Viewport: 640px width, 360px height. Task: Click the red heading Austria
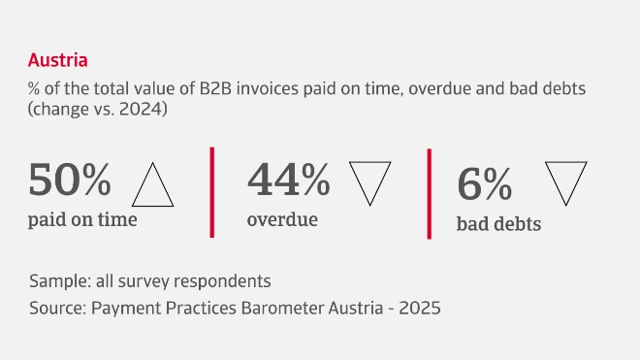coord(58,60)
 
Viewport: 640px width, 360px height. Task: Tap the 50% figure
coord(71,180)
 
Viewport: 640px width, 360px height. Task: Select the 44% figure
coord(289,179)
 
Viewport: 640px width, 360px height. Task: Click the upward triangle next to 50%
coord(152,184)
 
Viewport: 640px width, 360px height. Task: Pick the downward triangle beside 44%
coord(368,181)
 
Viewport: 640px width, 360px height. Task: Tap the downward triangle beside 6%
coord(566,181)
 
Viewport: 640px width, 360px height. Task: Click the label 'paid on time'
coord(82,219)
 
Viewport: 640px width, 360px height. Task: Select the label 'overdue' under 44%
coord(282,219)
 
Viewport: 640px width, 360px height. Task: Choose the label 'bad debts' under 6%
coord(498,225)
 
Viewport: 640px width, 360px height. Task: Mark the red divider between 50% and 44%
coord(211,191)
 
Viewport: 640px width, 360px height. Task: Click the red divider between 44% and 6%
coord(429,193)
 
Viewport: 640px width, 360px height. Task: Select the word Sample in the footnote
coord(56,281)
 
